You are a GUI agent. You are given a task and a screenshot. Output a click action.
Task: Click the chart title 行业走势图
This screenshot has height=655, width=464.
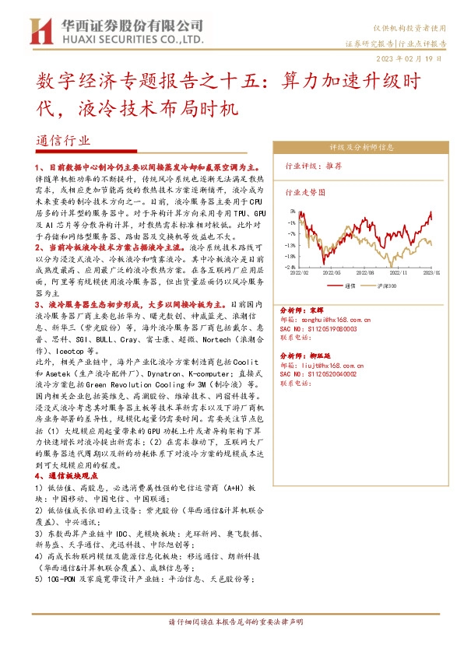point(304,191)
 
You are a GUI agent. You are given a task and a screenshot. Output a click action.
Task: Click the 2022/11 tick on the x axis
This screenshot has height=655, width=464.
point(401,272)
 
